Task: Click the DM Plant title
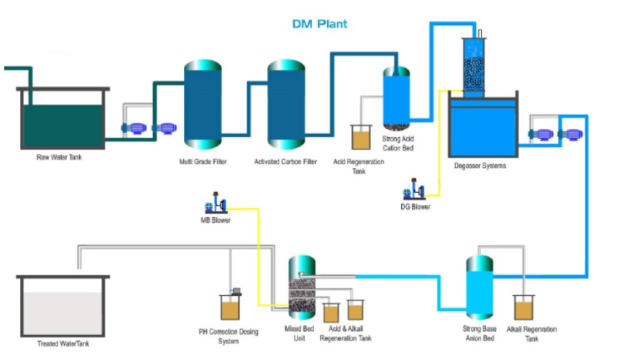[319, 24]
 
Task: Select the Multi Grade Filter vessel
[202, 105]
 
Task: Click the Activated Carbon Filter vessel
[286, 105]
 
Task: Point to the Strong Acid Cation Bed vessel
[396, 97]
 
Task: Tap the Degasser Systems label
[480, 165]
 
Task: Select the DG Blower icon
[414, 191]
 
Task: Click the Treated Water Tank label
[63, 343]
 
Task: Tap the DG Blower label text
[415, 207]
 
